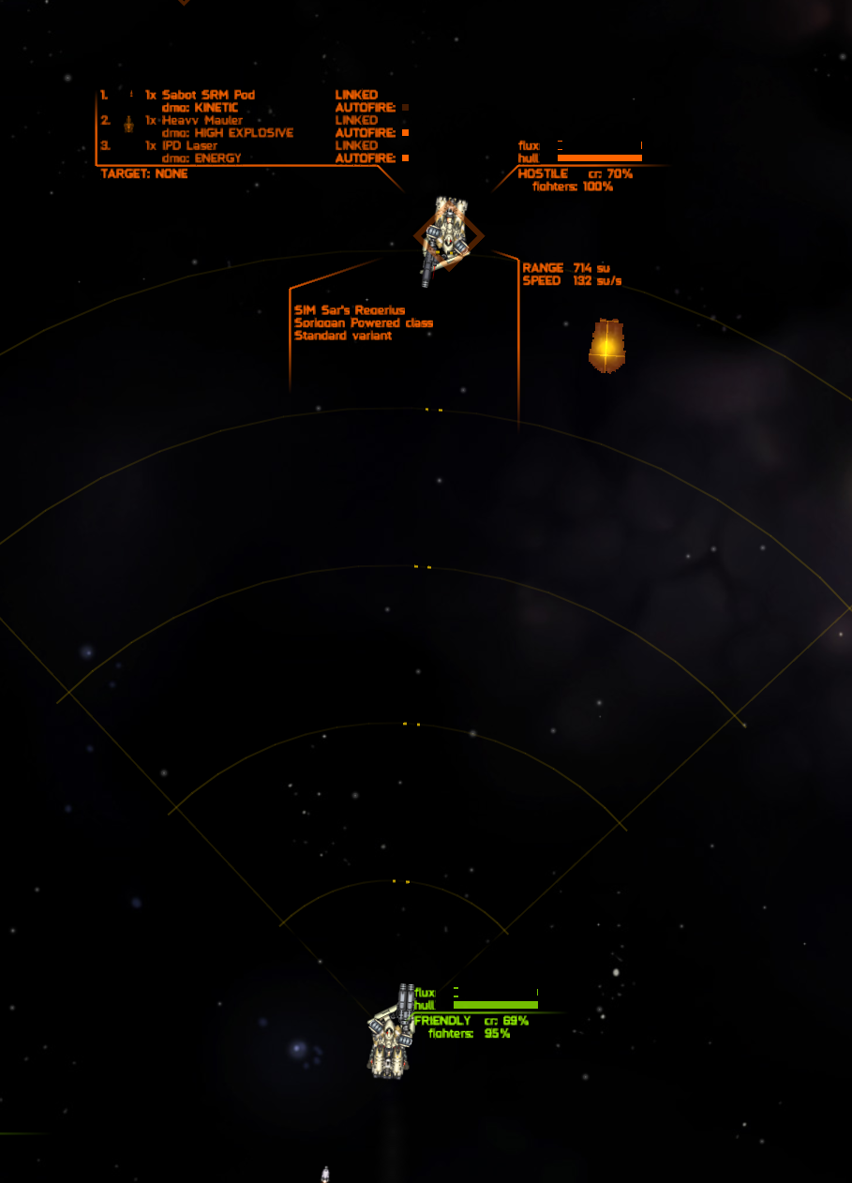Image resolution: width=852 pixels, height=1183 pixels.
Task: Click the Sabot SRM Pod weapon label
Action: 208,95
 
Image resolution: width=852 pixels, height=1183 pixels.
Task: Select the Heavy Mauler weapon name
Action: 202,120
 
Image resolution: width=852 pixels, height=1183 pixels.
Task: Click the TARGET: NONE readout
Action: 144,173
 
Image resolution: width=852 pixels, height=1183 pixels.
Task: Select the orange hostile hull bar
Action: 599,158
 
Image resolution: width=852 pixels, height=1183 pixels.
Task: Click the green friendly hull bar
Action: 495,1005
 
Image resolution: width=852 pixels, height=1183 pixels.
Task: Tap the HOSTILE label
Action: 543,173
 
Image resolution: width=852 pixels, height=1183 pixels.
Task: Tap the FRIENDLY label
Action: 442,1020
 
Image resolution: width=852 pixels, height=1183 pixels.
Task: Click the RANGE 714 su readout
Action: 566,268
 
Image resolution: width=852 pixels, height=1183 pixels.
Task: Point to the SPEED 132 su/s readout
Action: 572,280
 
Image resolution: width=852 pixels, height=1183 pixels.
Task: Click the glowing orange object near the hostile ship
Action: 606,346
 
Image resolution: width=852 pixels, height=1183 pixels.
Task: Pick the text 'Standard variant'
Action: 343,335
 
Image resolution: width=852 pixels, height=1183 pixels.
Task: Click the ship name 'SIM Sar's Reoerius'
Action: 350,310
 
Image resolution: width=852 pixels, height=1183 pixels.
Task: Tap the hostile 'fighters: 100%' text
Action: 572,187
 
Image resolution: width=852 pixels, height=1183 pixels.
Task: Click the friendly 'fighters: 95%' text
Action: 469,1033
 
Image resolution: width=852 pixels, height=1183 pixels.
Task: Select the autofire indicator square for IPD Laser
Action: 405,158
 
